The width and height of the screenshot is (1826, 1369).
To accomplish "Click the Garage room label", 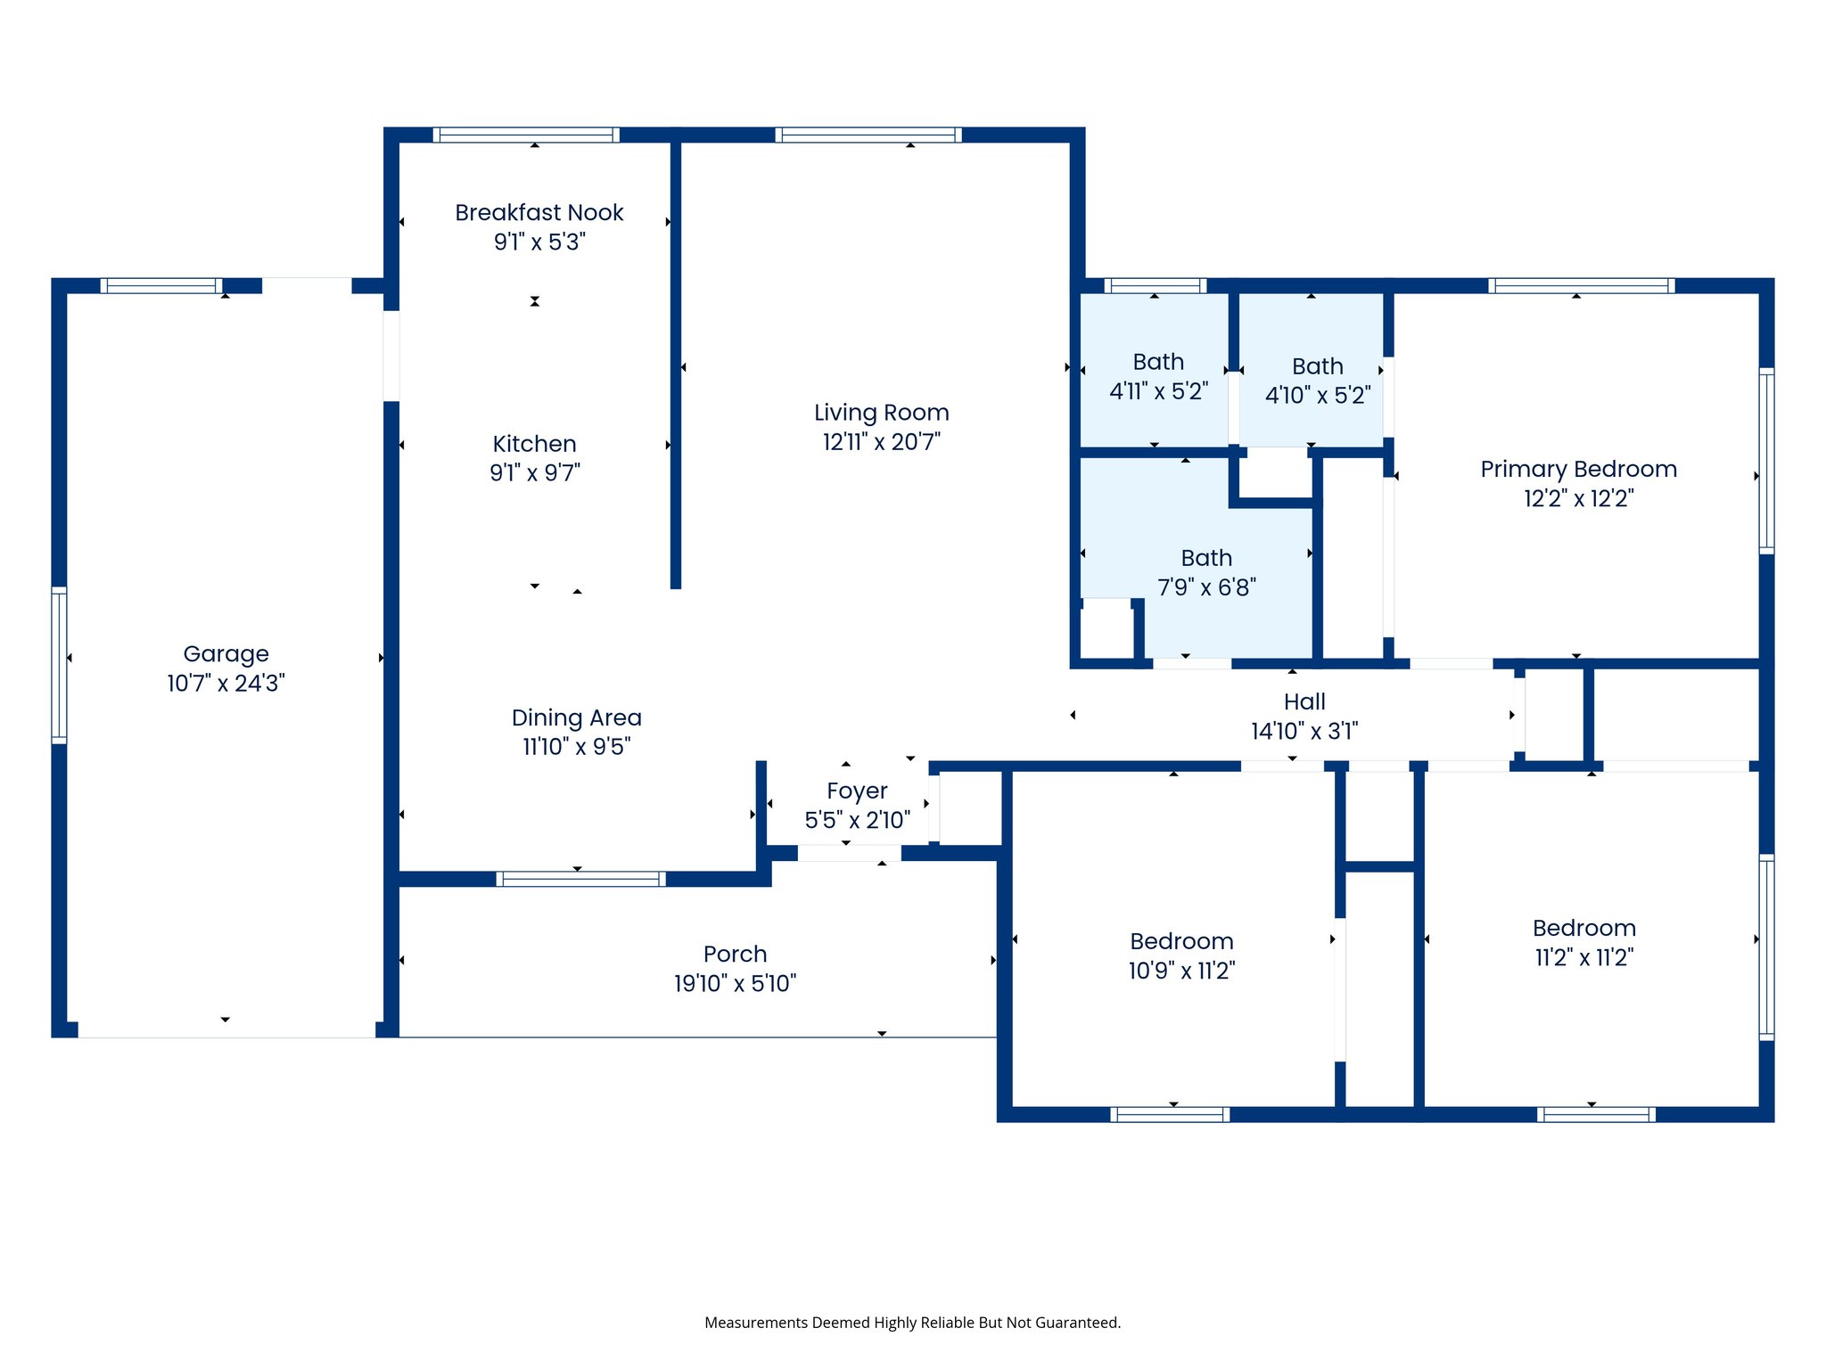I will [226, 654].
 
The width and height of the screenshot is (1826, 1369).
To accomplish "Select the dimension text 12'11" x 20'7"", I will [881, 442].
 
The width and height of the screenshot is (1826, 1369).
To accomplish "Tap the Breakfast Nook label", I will [539, 213].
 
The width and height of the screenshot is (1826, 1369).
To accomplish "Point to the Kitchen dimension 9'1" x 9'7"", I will [534, 473].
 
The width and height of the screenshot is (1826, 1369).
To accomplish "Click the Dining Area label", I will [576, 717].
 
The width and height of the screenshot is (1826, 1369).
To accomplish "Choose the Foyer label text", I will [856, 791].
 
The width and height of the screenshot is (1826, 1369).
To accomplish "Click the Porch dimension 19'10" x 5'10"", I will [735, 984].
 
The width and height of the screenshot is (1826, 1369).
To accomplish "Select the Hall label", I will [1304, 702].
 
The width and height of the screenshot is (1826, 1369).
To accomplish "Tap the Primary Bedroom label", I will [1577, 470].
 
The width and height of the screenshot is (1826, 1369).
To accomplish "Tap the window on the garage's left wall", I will [59, 665].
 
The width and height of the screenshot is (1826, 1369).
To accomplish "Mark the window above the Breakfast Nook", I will [526, 135].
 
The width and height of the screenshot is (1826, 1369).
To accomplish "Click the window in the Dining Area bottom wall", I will [580, 879].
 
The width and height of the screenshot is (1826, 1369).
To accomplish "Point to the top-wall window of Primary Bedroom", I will [1581, 286].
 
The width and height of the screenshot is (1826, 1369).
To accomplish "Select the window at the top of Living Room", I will [868, 135].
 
